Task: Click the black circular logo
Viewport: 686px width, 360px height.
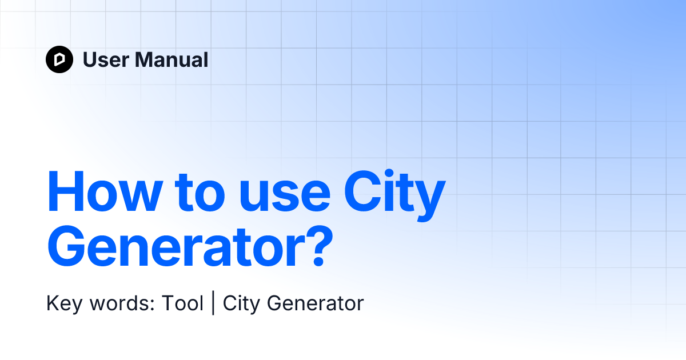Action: click(x=59, y=59)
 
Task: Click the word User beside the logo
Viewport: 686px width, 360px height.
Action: click(x=106, y=59)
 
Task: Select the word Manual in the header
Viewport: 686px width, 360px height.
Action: click(x=171, y=59)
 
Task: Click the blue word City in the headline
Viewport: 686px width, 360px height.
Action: click(x=394, y=195)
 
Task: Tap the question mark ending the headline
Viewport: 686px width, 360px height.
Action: click(x=319, y=246)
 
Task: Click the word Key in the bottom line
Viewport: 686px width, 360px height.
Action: click(x=64, y=303)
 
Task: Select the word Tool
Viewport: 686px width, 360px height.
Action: click(x=182, y=303)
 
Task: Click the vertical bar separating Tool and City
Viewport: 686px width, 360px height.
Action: click(x=213, y=303)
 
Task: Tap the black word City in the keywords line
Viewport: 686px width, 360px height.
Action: click(x=241, y=303)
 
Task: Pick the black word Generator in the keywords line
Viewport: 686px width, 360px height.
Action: click(x=316, y=303)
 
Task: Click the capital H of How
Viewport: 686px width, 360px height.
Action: click(x=66, y=192)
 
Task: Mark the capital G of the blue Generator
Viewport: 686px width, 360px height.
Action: click(x=66, y=246)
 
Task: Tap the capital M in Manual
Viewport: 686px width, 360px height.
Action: click(x=145, y=59)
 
